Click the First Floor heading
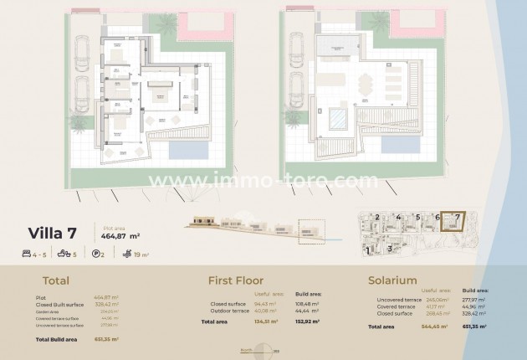(235, 281)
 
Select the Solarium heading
(393, 281)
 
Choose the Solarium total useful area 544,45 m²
(436, 327)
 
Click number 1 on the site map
(368, 249)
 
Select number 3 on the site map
(390, 249)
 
